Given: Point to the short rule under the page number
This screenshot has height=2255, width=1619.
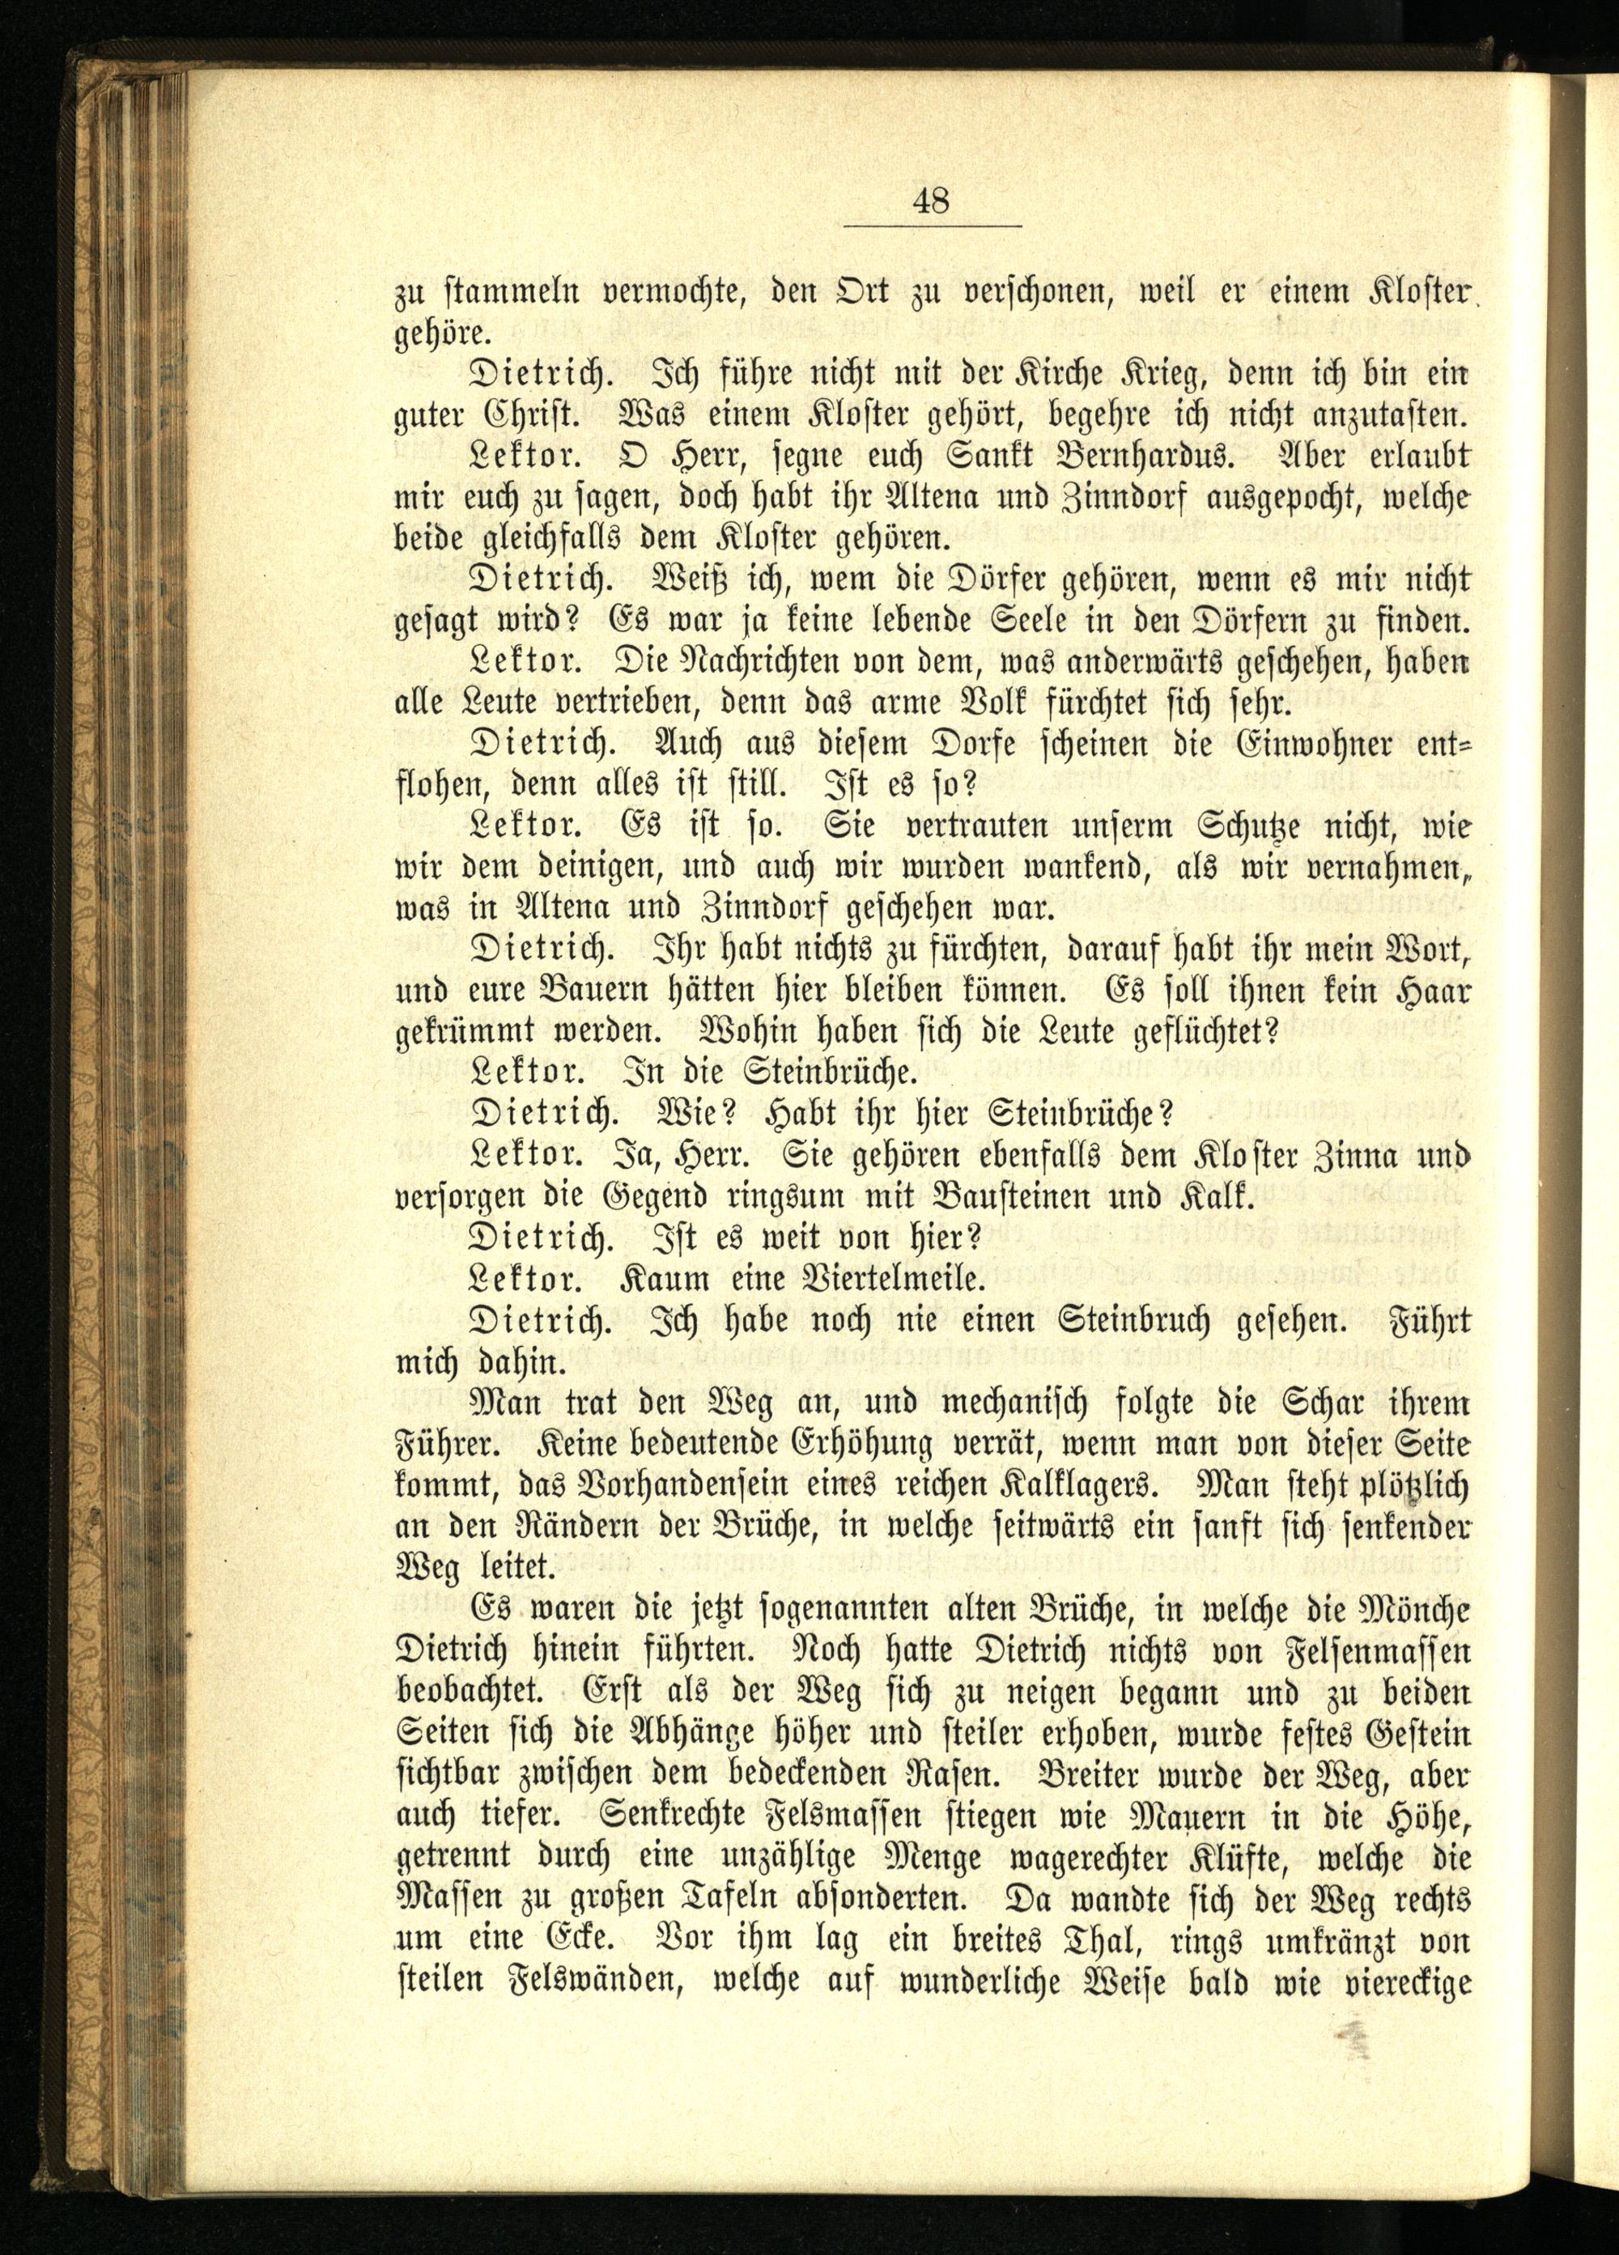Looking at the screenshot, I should click(932, 230).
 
